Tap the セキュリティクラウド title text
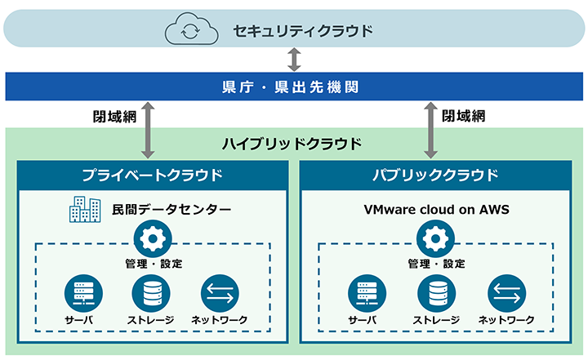click(303, 31)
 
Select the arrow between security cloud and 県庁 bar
click(294, 60)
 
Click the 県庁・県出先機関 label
click(290, 87)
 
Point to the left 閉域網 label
click(114, 117)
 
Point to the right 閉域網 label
click(464, 116)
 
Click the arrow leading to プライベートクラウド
click(148, 130)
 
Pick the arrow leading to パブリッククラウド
click(430, 130)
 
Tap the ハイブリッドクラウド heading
click(292, 144)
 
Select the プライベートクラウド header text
click(152, 176)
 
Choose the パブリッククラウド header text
click(435, 176)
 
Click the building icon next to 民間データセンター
click(85, 209)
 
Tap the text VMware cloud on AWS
click(436, 209)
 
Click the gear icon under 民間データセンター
click(153, 238)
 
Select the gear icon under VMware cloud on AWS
click(435, 238)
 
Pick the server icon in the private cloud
click(83, 293)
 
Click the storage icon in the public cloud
click(437, 293)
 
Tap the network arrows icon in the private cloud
click(220, 293)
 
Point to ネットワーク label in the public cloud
click(506, 320)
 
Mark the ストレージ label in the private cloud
click(151, 320)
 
